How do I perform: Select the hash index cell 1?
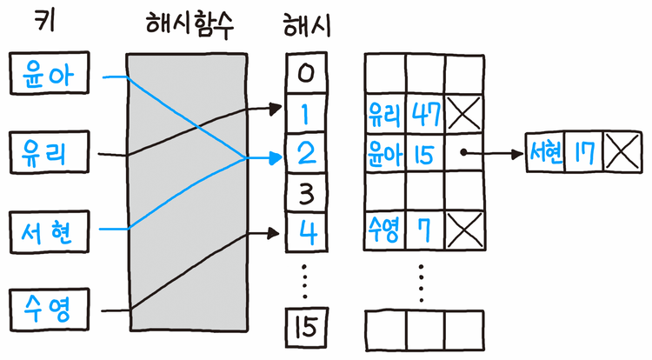pyautogui.click(x=304, y=112)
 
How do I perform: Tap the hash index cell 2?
pyautogui.click(x=304, y=153)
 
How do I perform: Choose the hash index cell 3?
pyautogui.click(x=304, y=192)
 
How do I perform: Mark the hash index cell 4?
pyautogui.click(x=304, y=232)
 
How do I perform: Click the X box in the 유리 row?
pyautogui.click(x=462, y=113)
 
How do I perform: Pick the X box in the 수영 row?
pyautogui.click(x=462, y=231)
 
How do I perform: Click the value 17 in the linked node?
pyautogui.click(x=583, y=154)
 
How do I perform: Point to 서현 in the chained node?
pyautogui.click(x=546, y=154)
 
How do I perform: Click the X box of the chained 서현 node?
pyautogui.click(x=621, y=154)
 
